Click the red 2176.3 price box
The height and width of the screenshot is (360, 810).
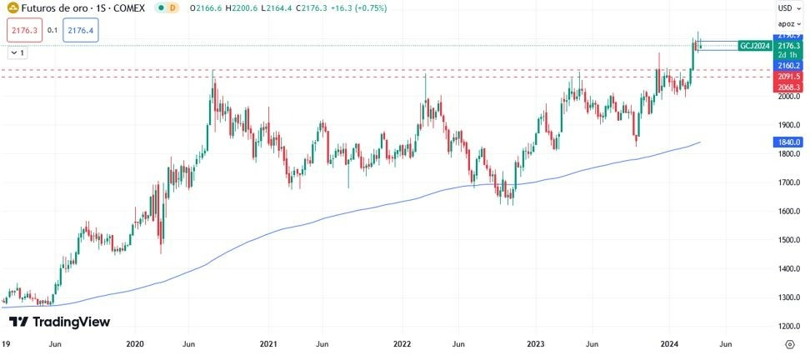(x=22, y=30)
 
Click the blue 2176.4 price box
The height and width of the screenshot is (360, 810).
(x=81, y=30)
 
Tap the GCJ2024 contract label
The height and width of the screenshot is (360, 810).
(x=755, y=46)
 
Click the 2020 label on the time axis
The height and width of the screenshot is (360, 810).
(x=134, y=343)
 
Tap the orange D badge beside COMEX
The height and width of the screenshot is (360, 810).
(x=172, y=7)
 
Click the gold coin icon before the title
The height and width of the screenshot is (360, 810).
(x=12, y=7)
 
